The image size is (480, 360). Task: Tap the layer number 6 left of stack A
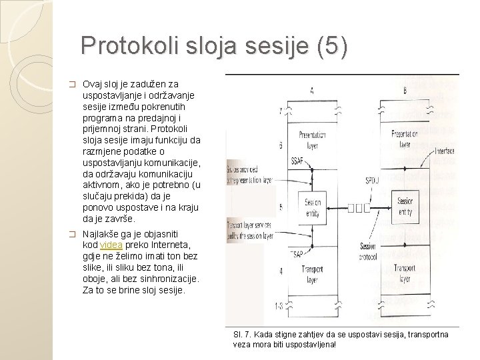tap(281, 145)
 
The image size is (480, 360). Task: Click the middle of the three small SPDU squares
tap(359, 207)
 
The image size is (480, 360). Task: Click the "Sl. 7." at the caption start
tap(243, 333)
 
